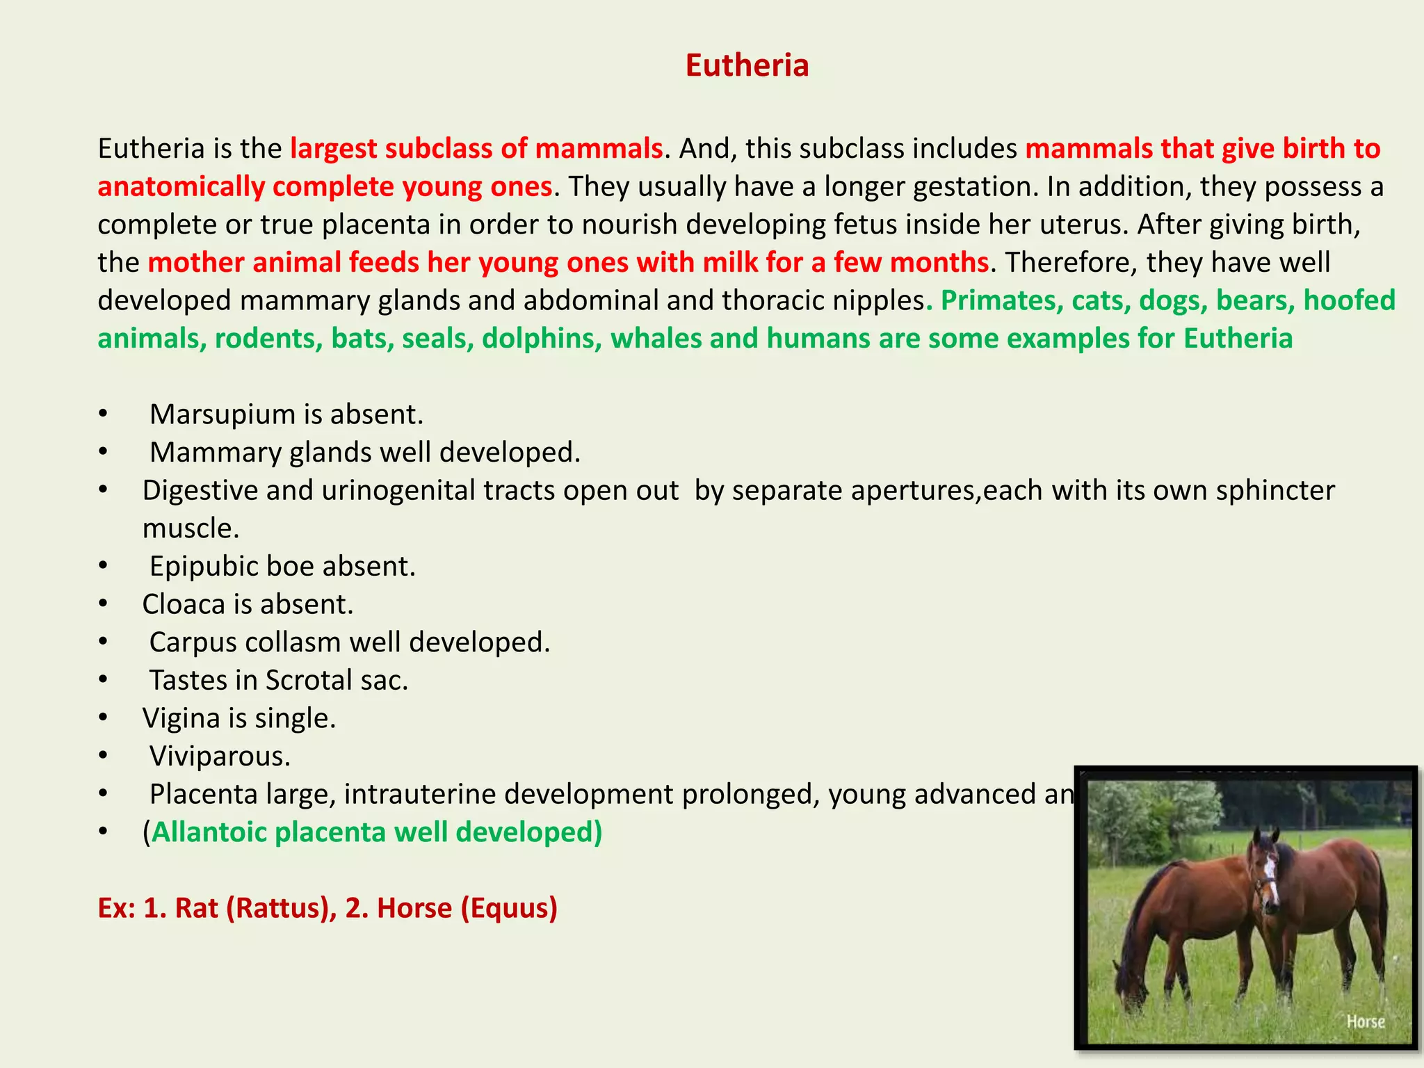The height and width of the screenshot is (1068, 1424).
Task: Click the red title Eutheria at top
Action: pyautogui.click(x=747, y=65)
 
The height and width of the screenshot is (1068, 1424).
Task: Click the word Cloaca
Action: pyautogui.click(x=183, y=604)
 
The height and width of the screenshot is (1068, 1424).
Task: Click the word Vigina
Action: pyautogui.click(x=181, y=718)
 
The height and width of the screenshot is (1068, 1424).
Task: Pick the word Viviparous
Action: pyautogui.click(x=220, y=756)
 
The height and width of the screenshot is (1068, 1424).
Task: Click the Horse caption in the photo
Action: pyautogui.click(x=1366, y=1021)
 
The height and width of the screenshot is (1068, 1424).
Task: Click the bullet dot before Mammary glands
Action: pyautogui.click(x=103, y=453)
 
